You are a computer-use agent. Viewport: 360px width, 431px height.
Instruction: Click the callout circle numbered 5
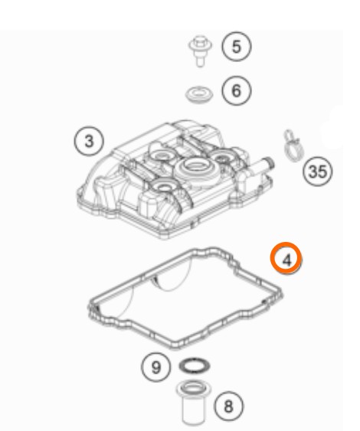(237, 46)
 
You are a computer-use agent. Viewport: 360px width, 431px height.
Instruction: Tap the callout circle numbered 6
(237, 90)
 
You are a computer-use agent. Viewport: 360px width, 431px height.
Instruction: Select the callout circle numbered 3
(89, 142)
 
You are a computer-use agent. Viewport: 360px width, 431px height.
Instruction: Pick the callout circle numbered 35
(318, 171)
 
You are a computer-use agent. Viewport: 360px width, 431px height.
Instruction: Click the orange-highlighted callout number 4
(286, 259)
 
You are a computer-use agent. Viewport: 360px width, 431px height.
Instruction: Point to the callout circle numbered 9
(156, 367)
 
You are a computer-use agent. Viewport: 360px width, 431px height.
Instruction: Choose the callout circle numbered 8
(228, 407)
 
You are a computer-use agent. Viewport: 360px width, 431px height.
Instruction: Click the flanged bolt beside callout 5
(200, 51)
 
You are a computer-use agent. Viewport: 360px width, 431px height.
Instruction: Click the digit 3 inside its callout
(89, 142)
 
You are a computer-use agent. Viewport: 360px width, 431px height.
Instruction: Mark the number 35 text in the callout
(318, 172)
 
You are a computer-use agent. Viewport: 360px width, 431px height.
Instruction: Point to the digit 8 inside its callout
(228, 407)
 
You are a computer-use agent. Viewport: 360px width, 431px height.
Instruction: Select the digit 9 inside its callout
(156, 367)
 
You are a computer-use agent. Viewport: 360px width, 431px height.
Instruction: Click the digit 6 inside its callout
(237, 90)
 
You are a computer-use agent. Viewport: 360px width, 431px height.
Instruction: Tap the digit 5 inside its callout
(237, 47)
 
